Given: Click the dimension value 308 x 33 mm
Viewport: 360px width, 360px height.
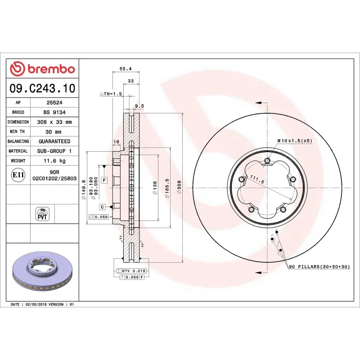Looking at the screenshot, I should pyautogui.click(x=54, y=122).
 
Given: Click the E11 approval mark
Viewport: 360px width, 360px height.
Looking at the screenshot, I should pyautogui.click(x=18, y=175).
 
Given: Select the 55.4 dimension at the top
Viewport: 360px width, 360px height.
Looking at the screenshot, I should pyautogui.click(x=125, y=69).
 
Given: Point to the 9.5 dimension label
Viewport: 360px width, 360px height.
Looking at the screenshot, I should pyautogui.click(x=139, y=106).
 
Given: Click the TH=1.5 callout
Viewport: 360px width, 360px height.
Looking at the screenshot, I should pyautogui.click(x=111, y=94).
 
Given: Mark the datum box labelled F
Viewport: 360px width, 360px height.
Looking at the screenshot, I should pyautogui.click(x=104, y=180).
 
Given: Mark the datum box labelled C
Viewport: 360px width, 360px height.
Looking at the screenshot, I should pyautogui.click(x=103, y=207).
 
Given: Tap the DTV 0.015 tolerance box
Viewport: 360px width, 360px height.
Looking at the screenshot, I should pyautogui.click(x=131, y=270).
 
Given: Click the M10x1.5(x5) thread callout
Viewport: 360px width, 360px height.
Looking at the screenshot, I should pyautogui.click(x=294, y=140).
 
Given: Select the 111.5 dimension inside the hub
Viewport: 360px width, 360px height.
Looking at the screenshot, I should pyautogui.click(x=257, y=178).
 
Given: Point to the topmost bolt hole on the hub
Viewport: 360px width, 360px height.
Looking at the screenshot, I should pyautogui.click(x=268, y=161).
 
